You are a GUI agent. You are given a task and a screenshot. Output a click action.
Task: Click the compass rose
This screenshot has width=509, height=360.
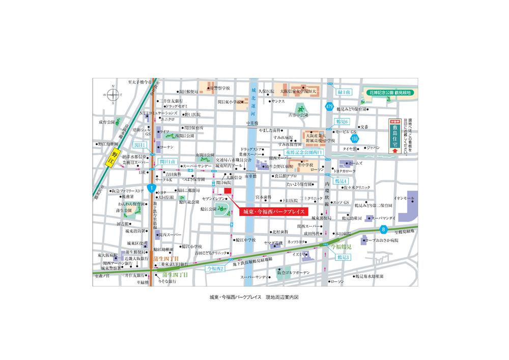(x=112, y=95)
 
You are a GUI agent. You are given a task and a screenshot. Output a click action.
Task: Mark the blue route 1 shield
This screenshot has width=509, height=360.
(x=151, y=188)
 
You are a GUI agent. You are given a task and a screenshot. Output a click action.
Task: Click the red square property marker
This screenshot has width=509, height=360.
(x=228, y=191)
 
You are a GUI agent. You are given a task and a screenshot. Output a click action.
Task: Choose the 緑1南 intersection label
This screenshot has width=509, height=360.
(x=345, y=92)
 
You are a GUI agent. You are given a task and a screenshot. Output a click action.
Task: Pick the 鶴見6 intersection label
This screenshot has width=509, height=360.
(x=342, y=122)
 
